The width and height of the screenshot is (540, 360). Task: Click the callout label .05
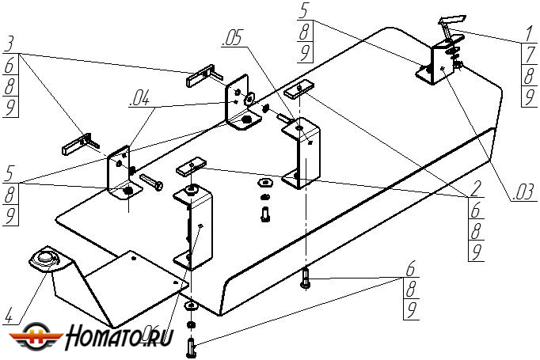point(234,37)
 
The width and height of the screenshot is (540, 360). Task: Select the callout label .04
point(139,99)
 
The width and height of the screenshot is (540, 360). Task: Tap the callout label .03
point(523,191)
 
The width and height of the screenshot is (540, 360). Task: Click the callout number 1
point(528,36)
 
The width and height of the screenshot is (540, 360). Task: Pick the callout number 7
point(528,56)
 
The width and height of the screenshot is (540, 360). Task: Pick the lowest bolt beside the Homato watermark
point(191,345)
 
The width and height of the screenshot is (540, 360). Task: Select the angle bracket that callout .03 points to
point(436,63)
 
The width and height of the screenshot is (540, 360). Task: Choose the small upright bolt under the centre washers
point(264,212)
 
